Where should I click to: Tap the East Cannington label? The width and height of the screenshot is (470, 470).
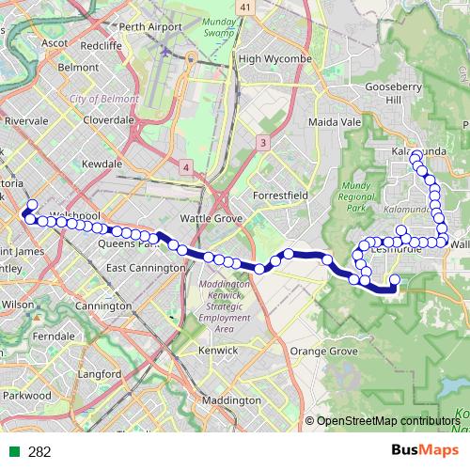(144, 268)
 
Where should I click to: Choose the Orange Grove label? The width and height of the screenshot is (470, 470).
(324, 351)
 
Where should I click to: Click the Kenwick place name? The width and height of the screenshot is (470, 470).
(219, 350)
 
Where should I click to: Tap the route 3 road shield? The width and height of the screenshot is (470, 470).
(263, 142)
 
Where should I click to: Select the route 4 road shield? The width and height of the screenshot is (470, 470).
(186, 167)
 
